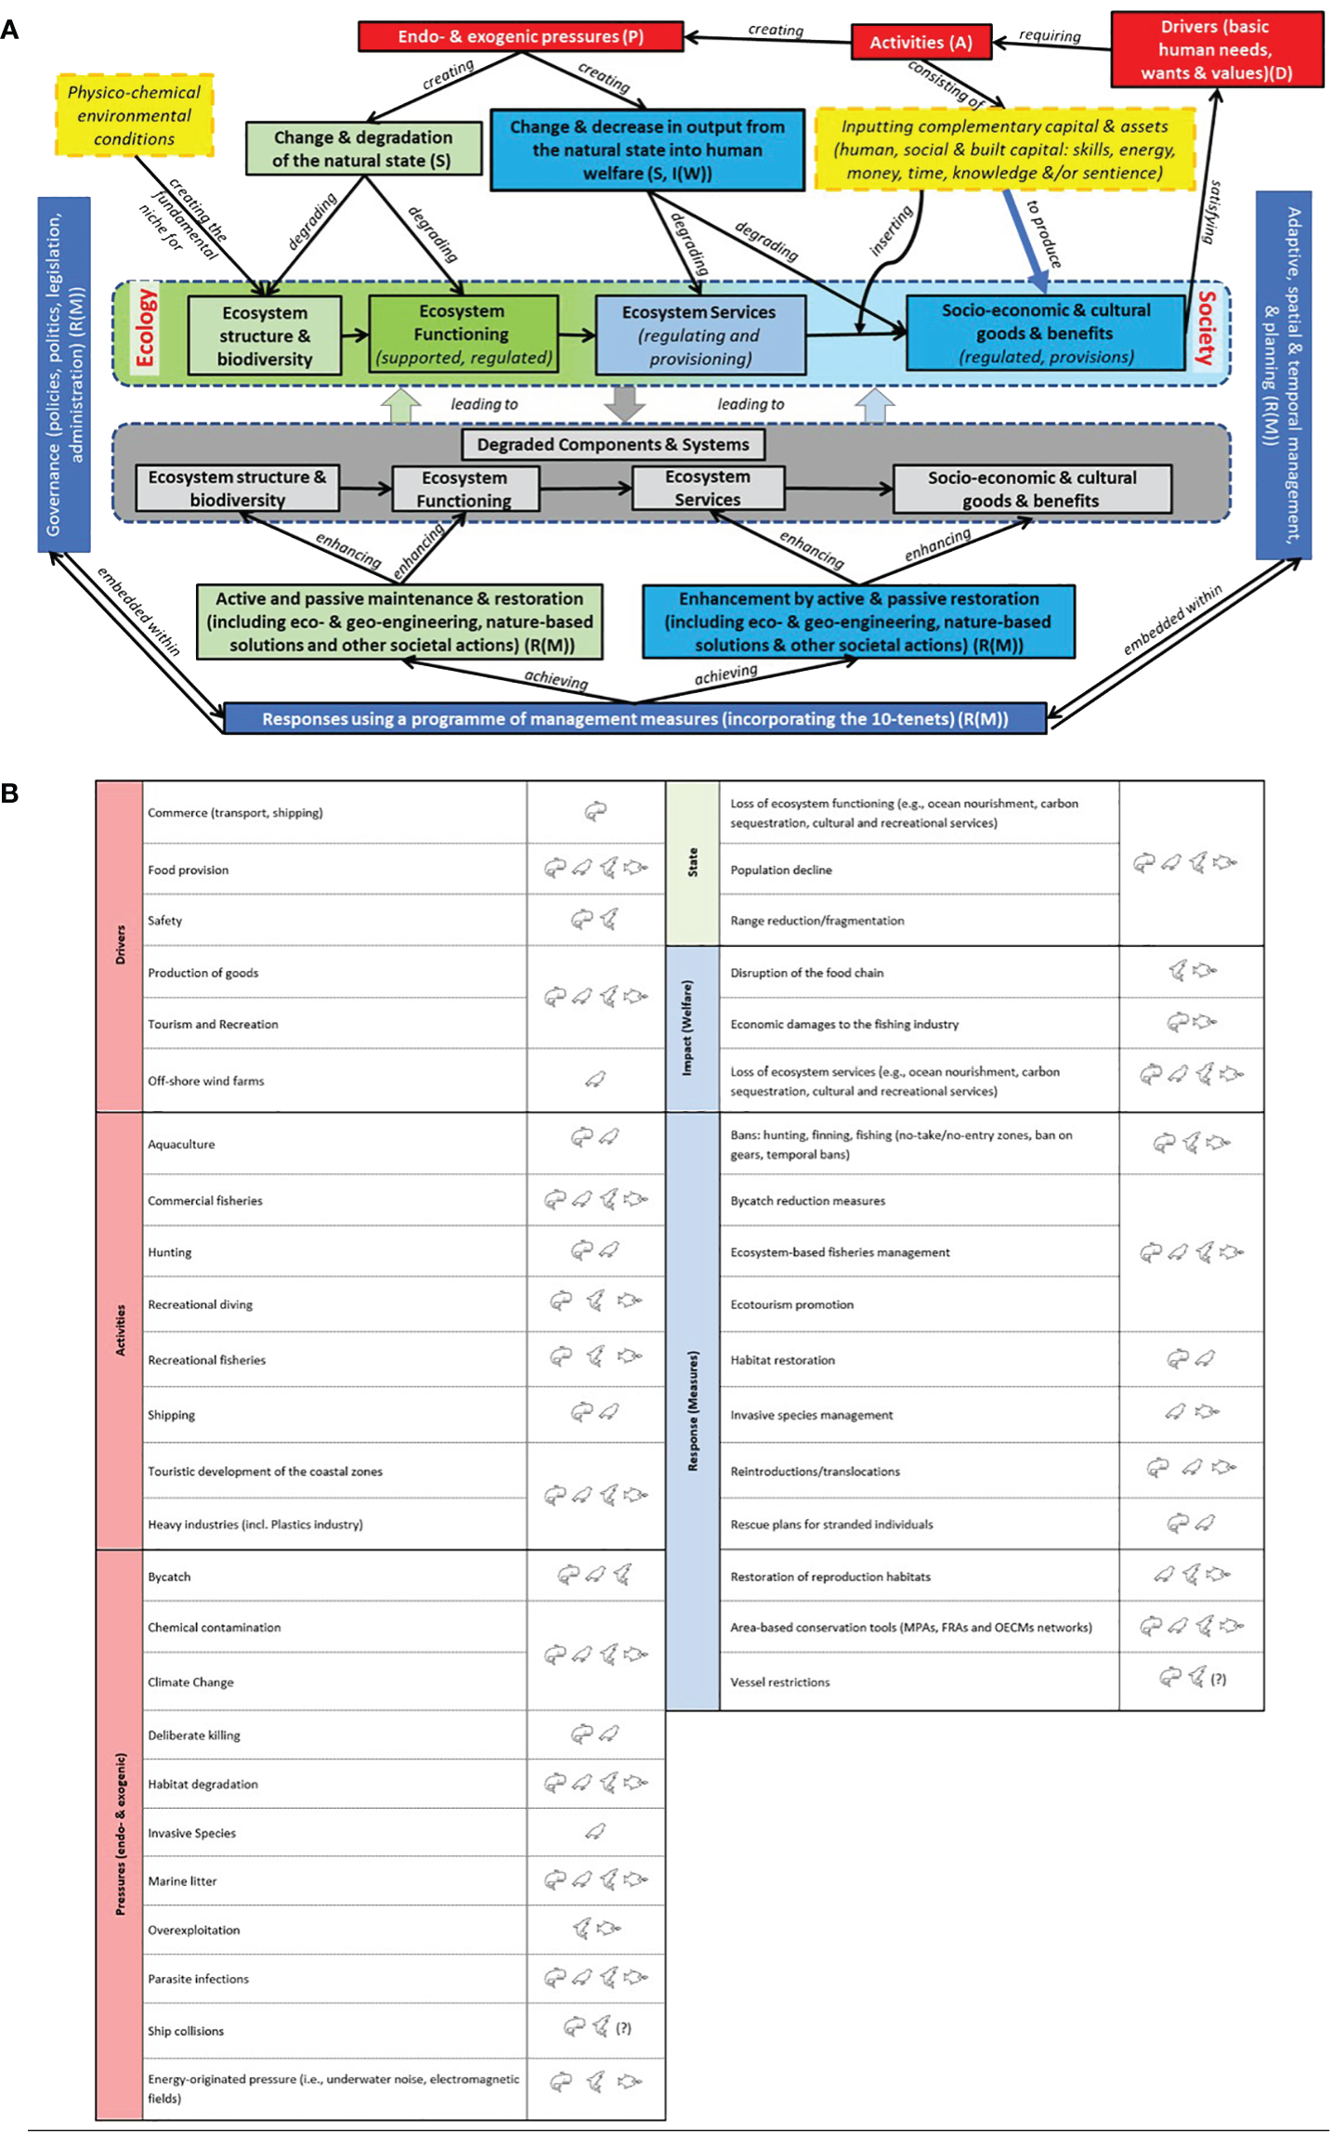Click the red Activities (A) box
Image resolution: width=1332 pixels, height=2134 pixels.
[x=921, y=42]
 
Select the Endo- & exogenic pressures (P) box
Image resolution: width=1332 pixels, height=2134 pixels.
[x=520, y=36]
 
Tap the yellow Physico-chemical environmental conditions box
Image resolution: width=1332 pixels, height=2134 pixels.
[x=134, y=115]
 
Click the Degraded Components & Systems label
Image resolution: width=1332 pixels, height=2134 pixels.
[x=612, y=444]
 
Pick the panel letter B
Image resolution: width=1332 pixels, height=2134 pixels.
[x=10, y=792]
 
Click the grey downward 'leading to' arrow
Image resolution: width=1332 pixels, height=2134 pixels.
[x=624, y=402]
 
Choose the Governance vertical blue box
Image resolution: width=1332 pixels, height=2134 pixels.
[x=64, y=374]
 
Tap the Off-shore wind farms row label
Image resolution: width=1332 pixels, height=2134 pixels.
[x=205, y=1080]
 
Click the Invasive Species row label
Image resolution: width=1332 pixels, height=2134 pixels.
[x=191, y=1832]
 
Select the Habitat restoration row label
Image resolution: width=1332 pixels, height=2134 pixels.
[x=782, y=1359]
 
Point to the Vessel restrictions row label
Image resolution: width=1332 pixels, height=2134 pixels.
[x=779, y=1682]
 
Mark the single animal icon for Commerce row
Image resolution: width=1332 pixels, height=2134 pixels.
[x=595, y=811]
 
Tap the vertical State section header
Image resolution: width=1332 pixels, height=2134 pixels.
[x=692, y=862]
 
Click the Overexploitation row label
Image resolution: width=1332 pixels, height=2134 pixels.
[x=193, y=1930]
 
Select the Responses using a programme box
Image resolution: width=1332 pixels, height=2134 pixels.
[x=634, y=718]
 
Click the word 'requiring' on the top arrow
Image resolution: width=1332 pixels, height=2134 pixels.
[x=1050, y=35]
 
